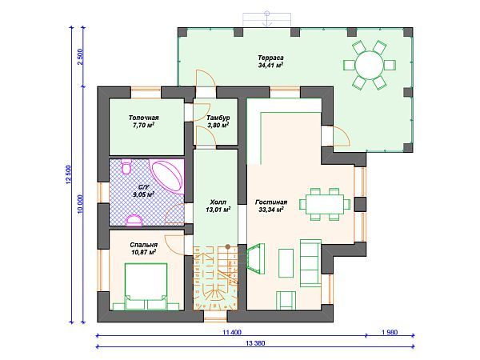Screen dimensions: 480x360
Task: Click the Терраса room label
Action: (x=270, y=58)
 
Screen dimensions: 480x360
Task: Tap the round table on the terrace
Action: (x=369, y=66)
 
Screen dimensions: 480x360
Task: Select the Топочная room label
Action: (x=143, y=118)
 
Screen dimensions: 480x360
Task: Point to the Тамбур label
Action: (x=218, y=118)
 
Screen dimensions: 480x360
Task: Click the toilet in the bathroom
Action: (x=126, y=166)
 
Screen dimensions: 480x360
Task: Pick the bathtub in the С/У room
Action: (x=168, y=177)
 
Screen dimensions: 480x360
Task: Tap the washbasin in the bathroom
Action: (x=134, y=220)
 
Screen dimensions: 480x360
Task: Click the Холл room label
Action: (x=218, y=202)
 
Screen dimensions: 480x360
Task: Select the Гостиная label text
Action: (x=271, y=202)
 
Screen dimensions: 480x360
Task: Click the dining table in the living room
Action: (x=325, y=204)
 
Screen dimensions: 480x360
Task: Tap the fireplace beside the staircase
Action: (x=255, y=258)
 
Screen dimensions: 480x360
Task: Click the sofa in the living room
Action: (x=310, y=263)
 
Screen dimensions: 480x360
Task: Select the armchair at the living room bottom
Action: (x=286, y=300)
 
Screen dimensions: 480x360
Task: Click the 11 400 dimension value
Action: (x=232, y=333)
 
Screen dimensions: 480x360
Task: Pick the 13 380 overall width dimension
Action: (x=255, y=343)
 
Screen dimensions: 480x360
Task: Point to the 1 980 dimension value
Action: (x=390, y=333)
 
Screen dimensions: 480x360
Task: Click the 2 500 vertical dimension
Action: (x=80, y=57)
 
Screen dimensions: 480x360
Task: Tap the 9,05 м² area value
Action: (x=143, y=194)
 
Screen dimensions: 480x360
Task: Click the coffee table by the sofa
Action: (x=286, y=263)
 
